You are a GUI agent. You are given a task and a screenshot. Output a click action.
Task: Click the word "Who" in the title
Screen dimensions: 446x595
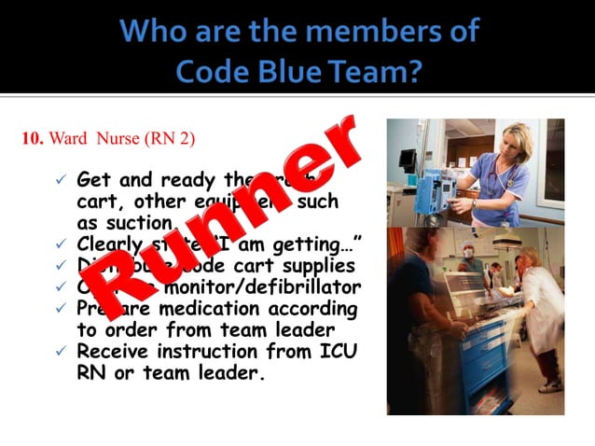[x=157, y=31]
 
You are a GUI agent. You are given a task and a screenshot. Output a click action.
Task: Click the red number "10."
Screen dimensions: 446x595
[x=33, y=139]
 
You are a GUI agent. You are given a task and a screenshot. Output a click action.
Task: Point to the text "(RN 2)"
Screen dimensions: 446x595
[x=171, y=139]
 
